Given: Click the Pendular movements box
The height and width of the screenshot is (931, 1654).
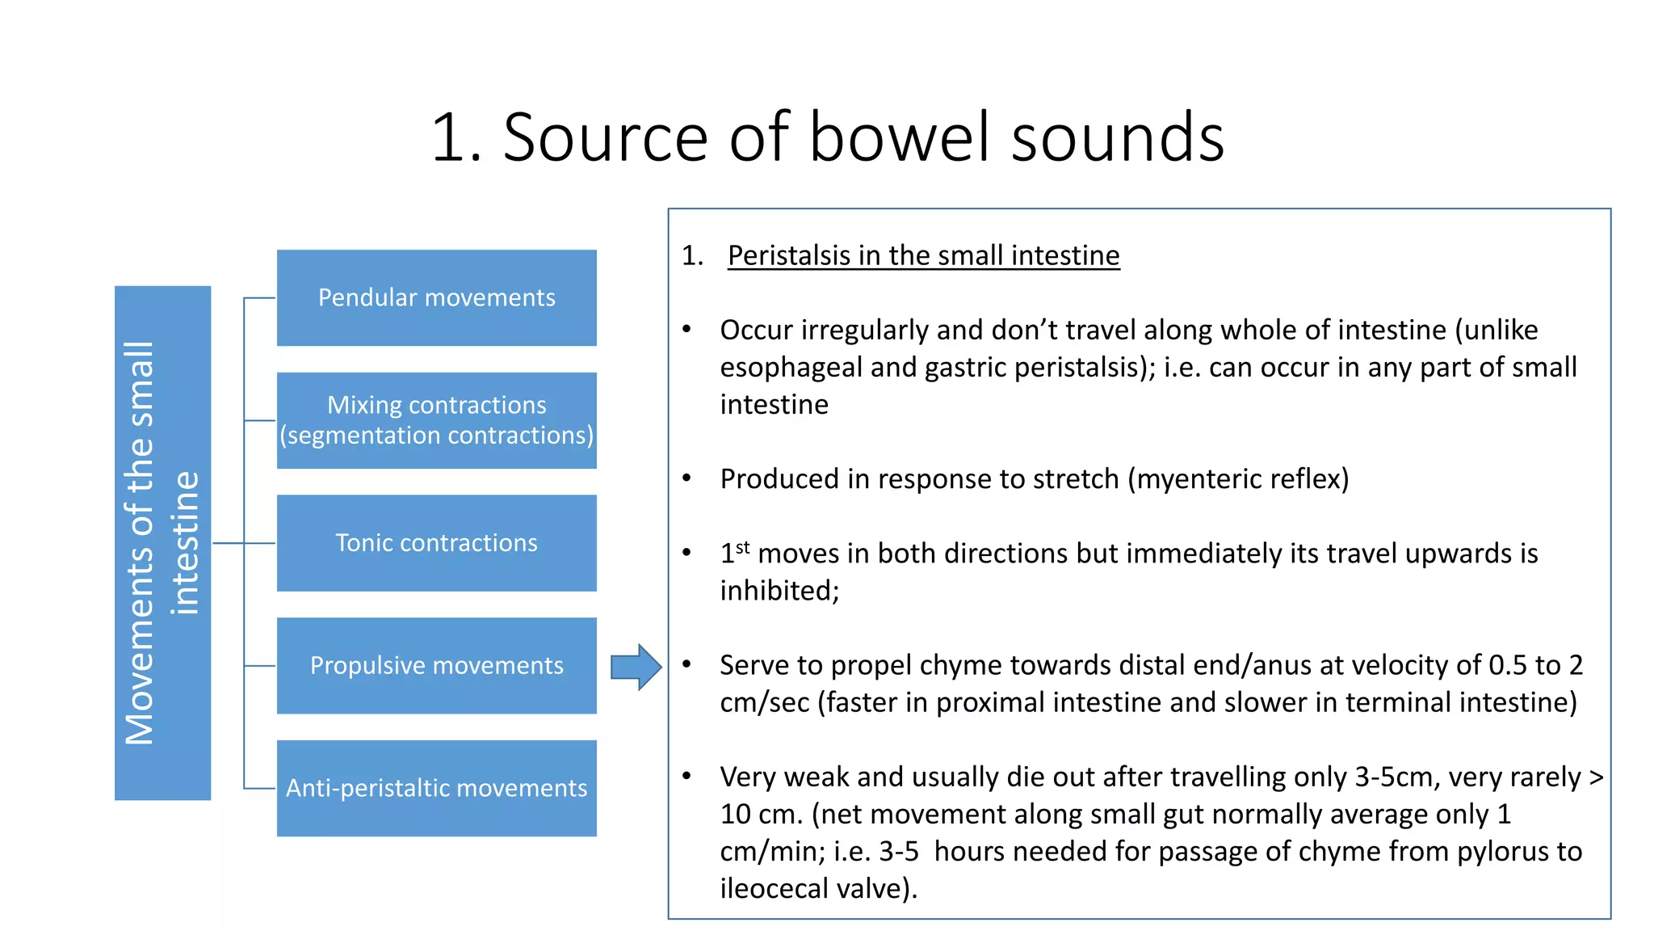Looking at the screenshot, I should (436, 297).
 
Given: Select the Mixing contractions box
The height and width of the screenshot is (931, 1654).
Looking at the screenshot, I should (436, 420).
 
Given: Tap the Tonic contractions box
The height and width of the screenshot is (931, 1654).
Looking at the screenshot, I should (436, 543).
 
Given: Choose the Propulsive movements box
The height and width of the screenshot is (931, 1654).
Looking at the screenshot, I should (436, 666).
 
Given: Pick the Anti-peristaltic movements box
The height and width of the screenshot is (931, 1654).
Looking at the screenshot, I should (436, 788).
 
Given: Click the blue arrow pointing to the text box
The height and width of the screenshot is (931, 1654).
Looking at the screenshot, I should (636, 667).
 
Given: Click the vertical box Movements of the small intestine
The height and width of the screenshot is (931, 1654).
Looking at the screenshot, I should (162, 543).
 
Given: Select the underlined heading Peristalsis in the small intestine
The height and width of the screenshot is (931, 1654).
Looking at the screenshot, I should (923, 255).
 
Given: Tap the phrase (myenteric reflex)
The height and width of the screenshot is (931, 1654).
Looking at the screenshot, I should (1237, 479).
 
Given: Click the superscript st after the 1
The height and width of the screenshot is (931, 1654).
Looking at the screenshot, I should (743, 547).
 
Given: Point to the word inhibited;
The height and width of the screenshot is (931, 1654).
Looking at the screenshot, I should (779, 591).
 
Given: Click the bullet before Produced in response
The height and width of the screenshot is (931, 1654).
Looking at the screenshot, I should (686, 478).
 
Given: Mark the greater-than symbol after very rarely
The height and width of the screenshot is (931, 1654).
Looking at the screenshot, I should (1595, 777).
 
